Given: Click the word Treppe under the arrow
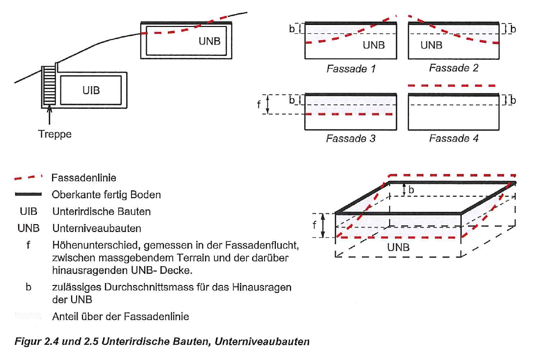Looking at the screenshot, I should pos(55,134).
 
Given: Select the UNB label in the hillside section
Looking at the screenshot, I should pos(210,41).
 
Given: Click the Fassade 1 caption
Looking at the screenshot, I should pos(351,69).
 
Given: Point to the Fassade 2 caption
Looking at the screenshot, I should pos(453,68).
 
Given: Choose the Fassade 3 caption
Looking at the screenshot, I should pos(351,139).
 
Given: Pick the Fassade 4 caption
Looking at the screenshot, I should pos(453,139).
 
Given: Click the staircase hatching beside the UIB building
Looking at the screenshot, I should pos(48,86).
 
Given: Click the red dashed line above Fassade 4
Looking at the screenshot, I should pos(453,85).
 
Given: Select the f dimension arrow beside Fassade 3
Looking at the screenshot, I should pos(268,104).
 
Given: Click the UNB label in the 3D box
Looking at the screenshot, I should pos(398,248).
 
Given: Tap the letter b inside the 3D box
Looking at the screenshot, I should pos(411,189).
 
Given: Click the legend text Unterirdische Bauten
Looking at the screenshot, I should pos(101,212).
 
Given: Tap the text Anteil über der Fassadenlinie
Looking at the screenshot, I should pos(120,317).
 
